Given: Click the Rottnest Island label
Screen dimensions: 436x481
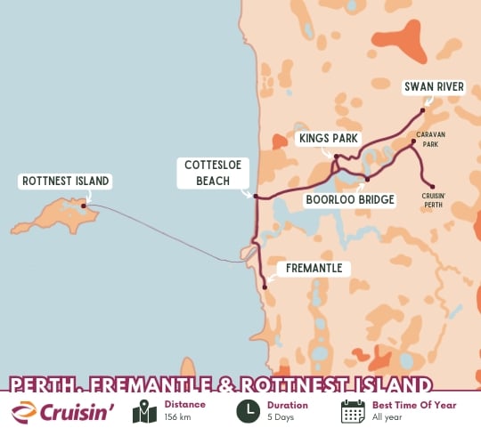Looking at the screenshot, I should [x=64, y=182].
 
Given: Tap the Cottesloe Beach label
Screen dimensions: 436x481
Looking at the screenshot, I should [x=209, y=173].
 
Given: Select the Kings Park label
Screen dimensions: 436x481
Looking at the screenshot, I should [x=327, y=139].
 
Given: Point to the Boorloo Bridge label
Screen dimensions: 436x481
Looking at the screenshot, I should [x=350, y=200].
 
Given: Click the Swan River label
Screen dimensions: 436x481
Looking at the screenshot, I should [x=434, y=86].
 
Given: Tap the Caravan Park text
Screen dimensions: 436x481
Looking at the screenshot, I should [x=431, y=139].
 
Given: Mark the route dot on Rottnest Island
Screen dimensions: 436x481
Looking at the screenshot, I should [x=83, y=206].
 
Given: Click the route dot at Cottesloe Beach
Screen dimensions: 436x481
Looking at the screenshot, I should [x=256, y=197].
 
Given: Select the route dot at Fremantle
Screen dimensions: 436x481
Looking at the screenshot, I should [x=265, y=287].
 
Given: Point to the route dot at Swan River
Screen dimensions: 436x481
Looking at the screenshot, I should [x=422, y=111].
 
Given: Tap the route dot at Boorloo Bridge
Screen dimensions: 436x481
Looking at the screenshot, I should [x=366, y=179].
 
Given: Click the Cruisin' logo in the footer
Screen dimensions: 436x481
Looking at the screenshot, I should [x=64, y=412].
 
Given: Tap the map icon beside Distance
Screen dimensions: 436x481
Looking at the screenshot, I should [x=144, y=412].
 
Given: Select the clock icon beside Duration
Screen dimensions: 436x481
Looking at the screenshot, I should [x=248, y=412].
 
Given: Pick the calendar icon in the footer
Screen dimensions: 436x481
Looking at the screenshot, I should [x=353, y=412].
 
